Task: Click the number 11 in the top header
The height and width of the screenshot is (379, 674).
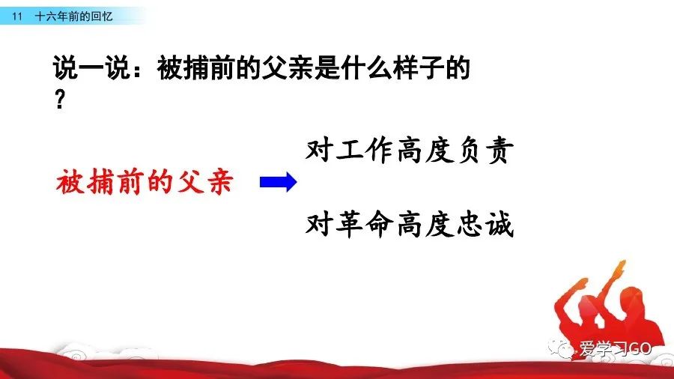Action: click(x=17, y=16)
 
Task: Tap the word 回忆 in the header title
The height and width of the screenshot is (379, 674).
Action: click(x=101, y=16)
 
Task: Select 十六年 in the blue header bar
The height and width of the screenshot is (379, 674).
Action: click(x=52, y=16)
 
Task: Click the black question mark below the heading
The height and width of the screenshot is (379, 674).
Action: click(x=60, y=100)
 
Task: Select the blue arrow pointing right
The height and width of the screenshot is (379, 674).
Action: click(x=278, y=182)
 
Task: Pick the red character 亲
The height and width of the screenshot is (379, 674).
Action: click(x=220, y=181)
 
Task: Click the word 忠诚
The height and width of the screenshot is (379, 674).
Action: click(x=485, y=224)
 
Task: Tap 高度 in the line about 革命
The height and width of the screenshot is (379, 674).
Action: click(x=425, y=224)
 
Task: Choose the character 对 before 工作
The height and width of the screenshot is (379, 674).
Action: click(x=319, y=151)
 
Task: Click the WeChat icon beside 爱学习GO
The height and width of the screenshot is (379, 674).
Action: click(x=561, y=348)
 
